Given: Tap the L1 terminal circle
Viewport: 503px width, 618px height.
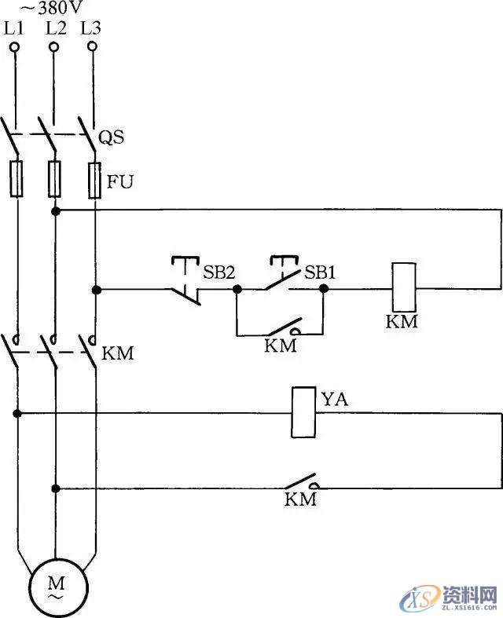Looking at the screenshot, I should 14,48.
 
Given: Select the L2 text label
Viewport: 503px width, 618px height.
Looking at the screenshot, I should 55,27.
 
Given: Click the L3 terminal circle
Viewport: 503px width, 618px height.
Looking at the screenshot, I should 93,47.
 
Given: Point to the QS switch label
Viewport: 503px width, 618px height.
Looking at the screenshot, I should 112,139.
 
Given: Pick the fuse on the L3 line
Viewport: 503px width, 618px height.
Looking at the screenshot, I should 95,179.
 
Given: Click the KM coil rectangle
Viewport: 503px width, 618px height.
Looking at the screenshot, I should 402,289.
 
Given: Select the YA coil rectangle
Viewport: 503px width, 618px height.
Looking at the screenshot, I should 303,412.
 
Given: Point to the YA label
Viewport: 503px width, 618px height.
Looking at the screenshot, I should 334,400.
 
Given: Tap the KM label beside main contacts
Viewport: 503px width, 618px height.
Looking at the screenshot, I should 119,353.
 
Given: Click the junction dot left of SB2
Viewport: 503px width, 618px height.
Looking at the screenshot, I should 96,290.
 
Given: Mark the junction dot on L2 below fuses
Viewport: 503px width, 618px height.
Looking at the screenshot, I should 55,211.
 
